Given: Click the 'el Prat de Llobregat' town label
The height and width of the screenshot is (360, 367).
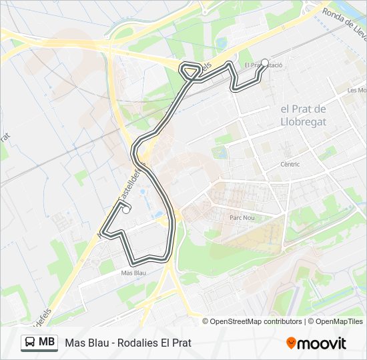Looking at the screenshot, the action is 303,115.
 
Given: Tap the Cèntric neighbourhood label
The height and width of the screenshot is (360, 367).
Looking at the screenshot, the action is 290,164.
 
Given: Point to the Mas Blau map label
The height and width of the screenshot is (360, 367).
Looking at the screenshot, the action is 133,273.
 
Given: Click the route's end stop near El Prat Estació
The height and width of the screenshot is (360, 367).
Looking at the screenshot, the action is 264,63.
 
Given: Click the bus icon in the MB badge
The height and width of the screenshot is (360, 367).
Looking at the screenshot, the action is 31,343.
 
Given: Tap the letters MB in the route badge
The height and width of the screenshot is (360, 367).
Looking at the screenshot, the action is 47,343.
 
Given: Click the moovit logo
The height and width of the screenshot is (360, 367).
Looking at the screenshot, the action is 316,343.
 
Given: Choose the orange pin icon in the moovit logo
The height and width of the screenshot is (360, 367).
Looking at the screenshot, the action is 292,343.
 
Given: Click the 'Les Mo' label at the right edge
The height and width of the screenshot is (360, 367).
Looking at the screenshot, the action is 356,90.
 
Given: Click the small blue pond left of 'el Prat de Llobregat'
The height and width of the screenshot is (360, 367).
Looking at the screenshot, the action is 220,152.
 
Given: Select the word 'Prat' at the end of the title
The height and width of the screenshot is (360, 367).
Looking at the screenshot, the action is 182,343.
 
